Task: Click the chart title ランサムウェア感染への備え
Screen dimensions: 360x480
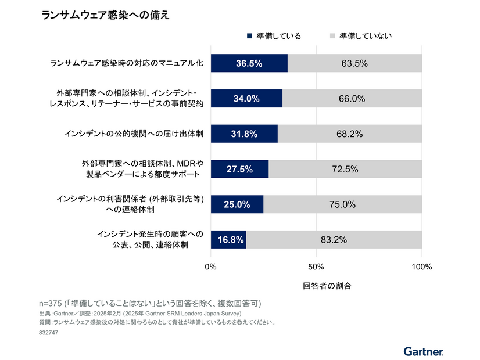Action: [x=105, y=15]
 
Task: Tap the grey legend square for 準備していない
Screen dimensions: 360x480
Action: [x=332, y=36]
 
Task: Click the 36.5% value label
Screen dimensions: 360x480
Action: [x=248, y=63]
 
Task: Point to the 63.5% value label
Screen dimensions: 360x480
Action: [x=354, y=63]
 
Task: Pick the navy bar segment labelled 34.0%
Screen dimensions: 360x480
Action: [x=246, y=99]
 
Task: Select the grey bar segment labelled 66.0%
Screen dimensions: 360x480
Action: [x=352, y=99]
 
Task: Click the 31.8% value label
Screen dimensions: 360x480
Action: [x=244, y=134]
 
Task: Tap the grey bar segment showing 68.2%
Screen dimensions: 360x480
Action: [x=350, y=134]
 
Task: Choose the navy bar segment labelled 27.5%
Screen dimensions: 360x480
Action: [x=239, y=169]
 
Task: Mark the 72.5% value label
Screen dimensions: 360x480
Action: [x=345, y=169]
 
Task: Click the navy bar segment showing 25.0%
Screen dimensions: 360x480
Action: [x=237, y=204]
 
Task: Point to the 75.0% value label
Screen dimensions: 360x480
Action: [x=342, y=204]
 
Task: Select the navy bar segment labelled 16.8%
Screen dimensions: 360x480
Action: [x=228, y=239]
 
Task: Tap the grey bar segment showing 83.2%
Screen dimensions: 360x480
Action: [x=334, y=239]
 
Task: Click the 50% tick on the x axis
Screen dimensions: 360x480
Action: [x=316, y=267]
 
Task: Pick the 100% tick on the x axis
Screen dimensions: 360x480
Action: [x=421, y=267]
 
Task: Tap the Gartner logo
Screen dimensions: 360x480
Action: [x=424, y=351]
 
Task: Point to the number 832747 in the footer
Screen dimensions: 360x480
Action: [x=50, y=333]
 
